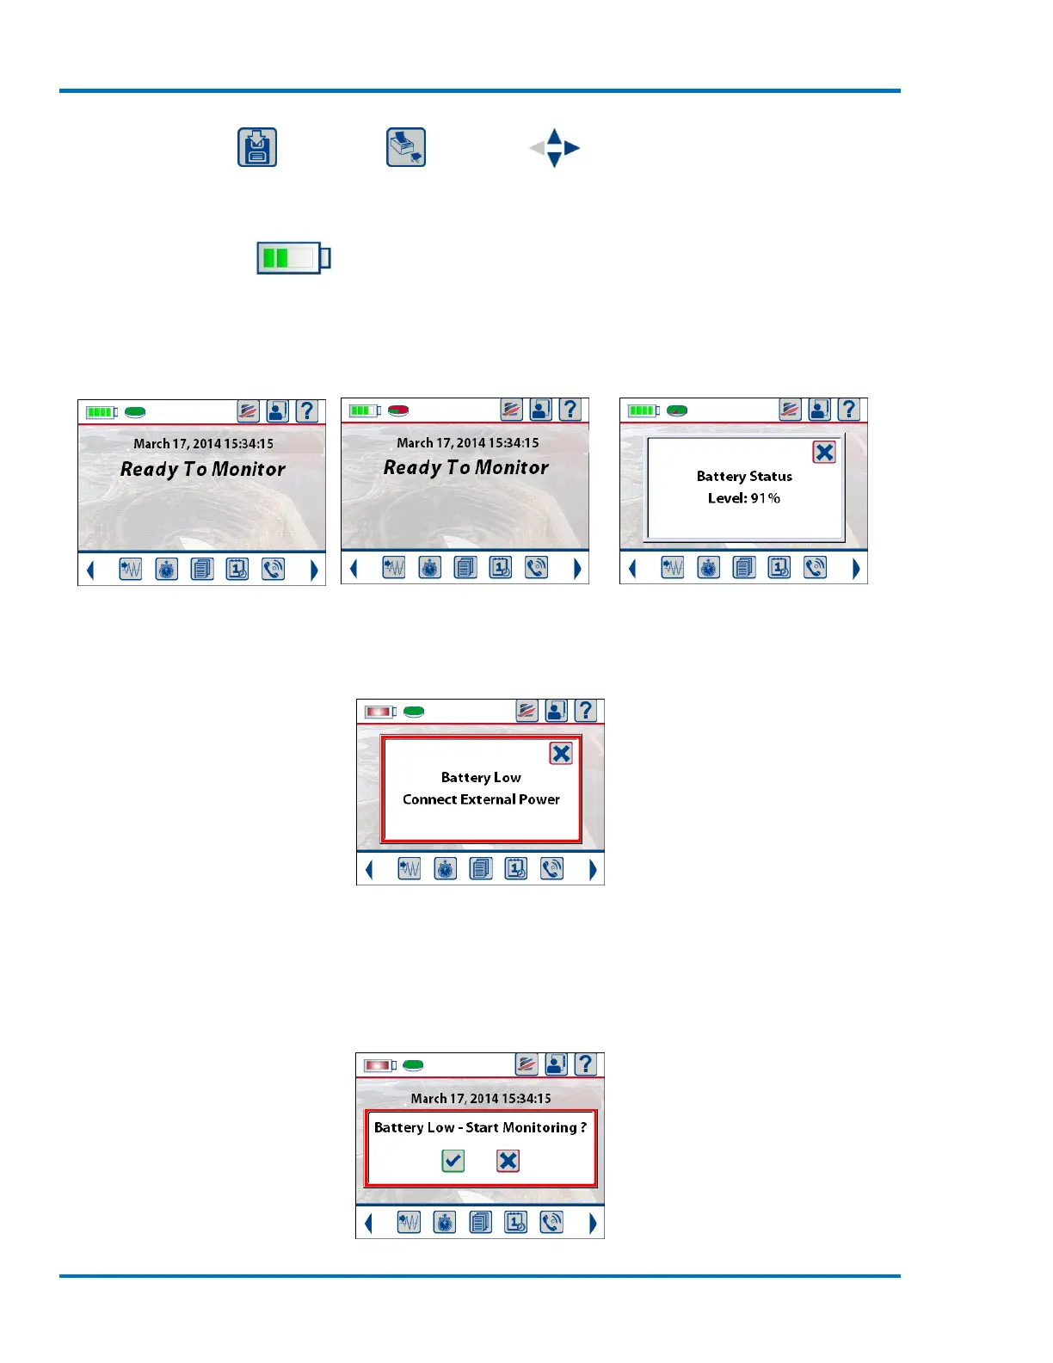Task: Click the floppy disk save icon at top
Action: click(257, 147)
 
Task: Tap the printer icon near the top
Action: click(406, 147)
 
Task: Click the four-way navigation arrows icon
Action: click(554, 148)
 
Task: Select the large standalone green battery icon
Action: click(293, 258)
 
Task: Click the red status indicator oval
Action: click(398, 410)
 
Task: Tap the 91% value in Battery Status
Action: click(766, 498)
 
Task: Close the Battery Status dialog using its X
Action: click(824, 452)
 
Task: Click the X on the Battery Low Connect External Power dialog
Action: click(561, 754)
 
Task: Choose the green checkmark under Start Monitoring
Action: click(453, 1161)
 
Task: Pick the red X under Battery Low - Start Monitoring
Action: click(508, 1161)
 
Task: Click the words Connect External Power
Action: click(481, 799)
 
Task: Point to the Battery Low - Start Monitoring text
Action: click(480, 1127)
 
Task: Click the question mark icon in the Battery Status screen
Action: click(849, 410)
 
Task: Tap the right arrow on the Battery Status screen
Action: click(856, 569)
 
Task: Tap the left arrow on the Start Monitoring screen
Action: click(369, 1223)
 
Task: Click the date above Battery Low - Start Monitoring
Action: click(481, 1099)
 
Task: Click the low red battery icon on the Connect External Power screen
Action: click(379, 712)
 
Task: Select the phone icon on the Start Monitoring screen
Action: click(551, 1222)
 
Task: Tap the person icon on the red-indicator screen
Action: click(540, 410)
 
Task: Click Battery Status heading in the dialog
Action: click(744, 477)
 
